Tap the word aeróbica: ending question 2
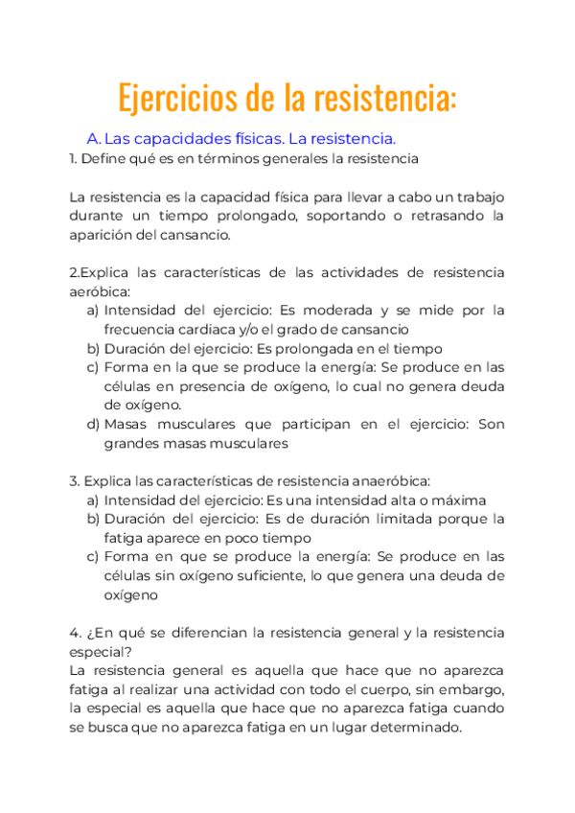click(100, 290)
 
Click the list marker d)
click(93, 424)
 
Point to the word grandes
click(131, 443)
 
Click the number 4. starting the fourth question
click(75, 633)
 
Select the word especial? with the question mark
click(101, 651)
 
